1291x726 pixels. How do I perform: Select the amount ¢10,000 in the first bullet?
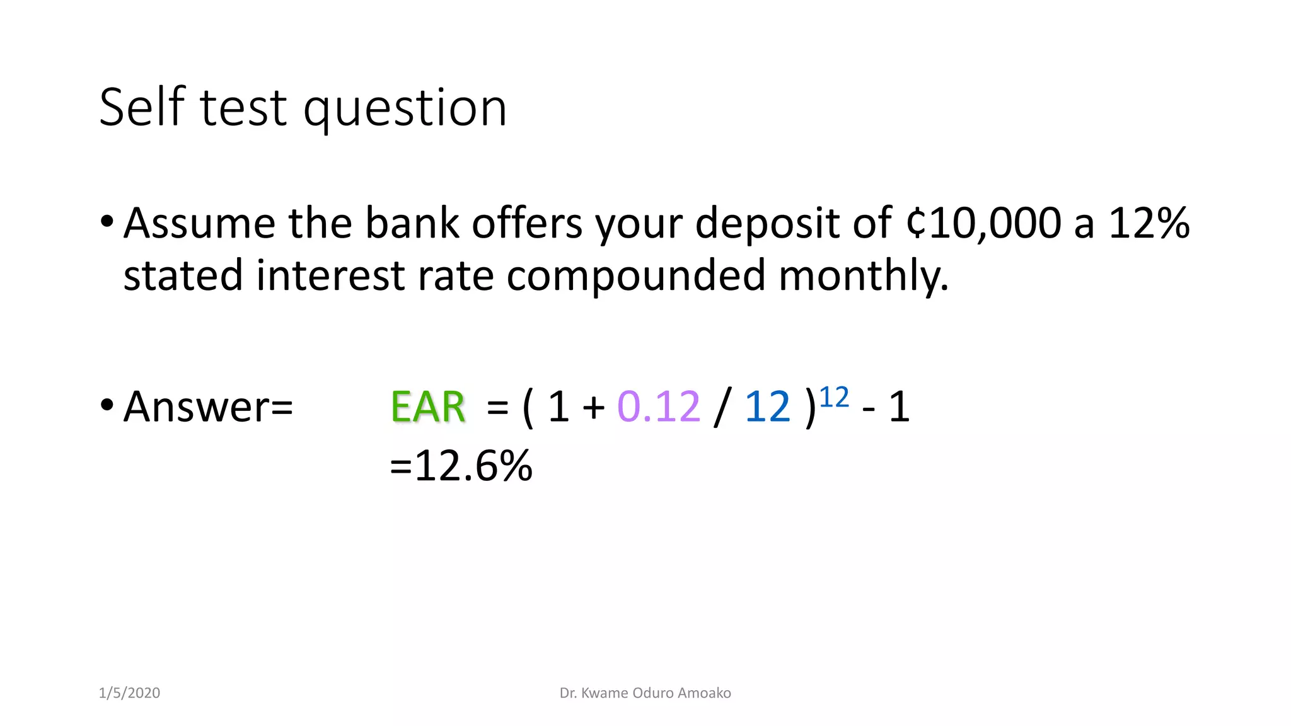click(x=983, y=224)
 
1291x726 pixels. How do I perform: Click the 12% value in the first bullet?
click(x=1149, y=224)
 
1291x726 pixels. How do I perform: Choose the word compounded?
click(x=635, y=276)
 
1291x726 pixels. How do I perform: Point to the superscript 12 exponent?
click(x=834, y=398)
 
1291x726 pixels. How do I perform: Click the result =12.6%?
click(x=461, y=466)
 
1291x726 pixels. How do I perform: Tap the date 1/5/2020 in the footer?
click(x=129, y=693)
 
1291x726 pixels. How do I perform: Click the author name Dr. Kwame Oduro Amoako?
click(x=645, y=693)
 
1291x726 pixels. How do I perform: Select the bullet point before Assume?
click(x=107, y=221)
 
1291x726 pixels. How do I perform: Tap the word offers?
click(x=527, y=224)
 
